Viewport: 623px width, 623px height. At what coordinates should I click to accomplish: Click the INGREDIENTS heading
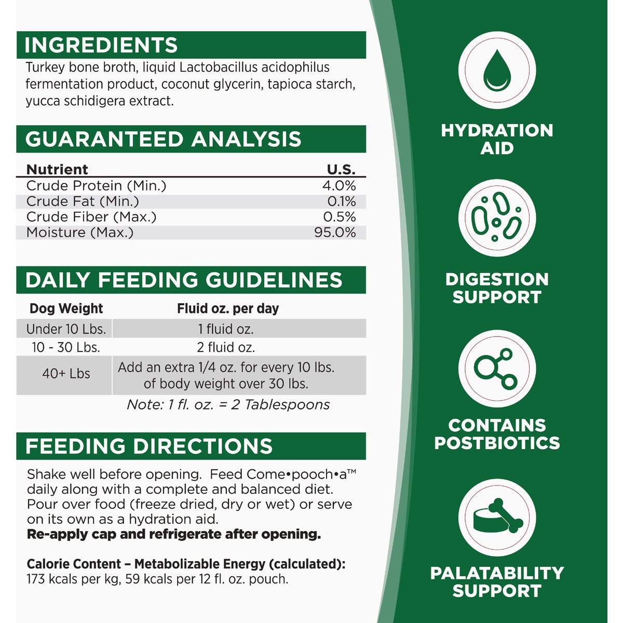[101, 46]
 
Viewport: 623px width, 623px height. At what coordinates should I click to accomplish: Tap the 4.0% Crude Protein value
[339, 185]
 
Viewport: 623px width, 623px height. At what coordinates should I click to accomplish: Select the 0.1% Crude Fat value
[342, 201]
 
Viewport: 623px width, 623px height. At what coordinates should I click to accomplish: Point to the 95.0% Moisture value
[335, 232]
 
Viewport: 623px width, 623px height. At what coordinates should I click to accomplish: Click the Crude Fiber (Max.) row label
[91, 217]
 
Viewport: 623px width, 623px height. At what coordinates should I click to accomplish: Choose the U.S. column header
[341, 169]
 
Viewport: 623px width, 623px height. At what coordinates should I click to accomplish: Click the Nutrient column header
[57, 169]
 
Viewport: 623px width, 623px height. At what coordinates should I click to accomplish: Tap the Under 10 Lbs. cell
[66, 329]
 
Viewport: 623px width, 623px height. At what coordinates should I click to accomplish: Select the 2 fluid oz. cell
[226, 347]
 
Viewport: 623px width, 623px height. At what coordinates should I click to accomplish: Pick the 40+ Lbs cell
[66, 374]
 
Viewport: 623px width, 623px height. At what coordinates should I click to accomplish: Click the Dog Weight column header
[66, 308]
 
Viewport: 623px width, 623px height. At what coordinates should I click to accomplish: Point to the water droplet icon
[497, 70]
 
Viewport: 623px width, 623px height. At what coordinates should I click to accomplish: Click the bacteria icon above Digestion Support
[497, 218]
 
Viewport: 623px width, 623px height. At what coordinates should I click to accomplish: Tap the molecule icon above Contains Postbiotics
[497, 369]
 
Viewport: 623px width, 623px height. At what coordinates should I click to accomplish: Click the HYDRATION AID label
[497, 139]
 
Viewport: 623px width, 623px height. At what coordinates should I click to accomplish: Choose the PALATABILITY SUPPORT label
[497, 582]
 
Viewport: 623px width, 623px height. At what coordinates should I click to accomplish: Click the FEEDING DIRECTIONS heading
[149, 446]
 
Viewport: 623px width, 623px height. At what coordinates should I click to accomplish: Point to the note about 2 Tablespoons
[228, 404]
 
